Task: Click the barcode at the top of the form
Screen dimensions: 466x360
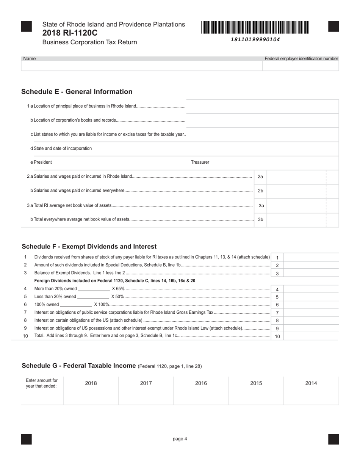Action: coord(255,28)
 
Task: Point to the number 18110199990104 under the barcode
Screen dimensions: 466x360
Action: coord(255,39)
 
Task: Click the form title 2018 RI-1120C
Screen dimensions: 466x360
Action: coord(70,33)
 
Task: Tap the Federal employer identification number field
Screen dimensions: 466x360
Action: coord(301,66)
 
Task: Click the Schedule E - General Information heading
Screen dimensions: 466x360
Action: coord(77,92)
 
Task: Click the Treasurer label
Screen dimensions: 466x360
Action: coord(200,162)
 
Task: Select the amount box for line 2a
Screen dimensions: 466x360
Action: coord(296,177)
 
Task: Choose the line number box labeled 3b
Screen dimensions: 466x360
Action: coord(260,219)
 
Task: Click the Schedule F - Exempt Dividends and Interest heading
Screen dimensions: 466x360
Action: coord(89,247)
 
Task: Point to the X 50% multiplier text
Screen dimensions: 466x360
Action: coord(117,297)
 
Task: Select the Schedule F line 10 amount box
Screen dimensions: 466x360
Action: coord(311,336)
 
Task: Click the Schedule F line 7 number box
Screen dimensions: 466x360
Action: coord(277,313)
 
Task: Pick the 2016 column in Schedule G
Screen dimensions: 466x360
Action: coord(201,391)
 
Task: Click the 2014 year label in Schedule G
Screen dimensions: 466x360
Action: coord(311,383)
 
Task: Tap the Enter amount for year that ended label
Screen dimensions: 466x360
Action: coord(42,383)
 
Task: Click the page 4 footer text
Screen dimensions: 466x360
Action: coord(180,439)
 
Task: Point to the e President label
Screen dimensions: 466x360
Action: coord(41,162)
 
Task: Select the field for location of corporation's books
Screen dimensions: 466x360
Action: coord(262,120)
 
